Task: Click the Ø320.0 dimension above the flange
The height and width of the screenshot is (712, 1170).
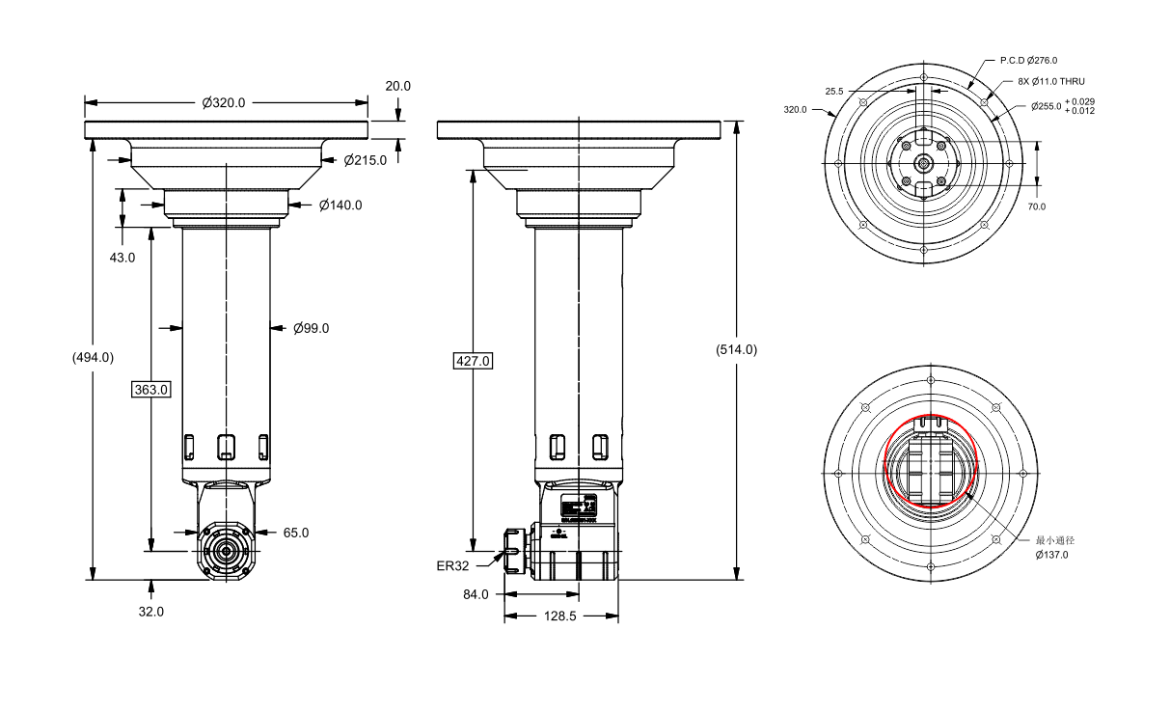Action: (x=224, y=102)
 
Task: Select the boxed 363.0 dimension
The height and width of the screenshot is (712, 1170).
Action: (x=151, y=390)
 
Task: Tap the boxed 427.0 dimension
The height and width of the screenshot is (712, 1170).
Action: (x=473, y=361)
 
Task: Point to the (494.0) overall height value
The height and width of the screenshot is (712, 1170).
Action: (x=93, y=357)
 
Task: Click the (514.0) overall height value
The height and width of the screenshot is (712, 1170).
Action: (x=737, y=349)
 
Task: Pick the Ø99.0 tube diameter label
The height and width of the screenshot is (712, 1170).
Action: (x=311, y=328)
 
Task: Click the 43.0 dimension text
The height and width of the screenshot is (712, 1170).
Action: (x=122, y=258)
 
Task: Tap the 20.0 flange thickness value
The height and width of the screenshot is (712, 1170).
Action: (x=398, y=86)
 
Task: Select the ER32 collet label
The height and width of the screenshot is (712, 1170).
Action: (x=452, y=566)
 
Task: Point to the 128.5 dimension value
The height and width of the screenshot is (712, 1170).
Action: (x=559, y=616)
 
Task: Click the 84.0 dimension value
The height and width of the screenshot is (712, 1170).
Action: (x=476, y=594)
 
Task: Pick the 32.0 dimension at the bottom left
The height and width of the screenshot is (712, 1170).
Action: (x=151, y=611)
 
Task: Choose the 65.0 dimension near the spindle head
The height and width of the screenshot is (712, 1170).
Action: (x=296, y=533)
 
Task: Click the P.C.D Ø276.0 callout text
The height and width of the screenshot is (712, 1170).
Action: (x=1028, y=60)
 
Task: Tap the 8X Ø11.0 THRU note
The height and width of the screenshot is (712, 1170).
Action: (x=1051, y=82)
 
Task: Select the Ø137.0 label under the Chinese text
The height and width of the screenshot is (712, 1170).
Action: (x=1051, y=555)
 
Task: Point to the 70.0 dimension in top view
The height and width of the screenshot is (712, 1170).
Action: (x=1036, y=206)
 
